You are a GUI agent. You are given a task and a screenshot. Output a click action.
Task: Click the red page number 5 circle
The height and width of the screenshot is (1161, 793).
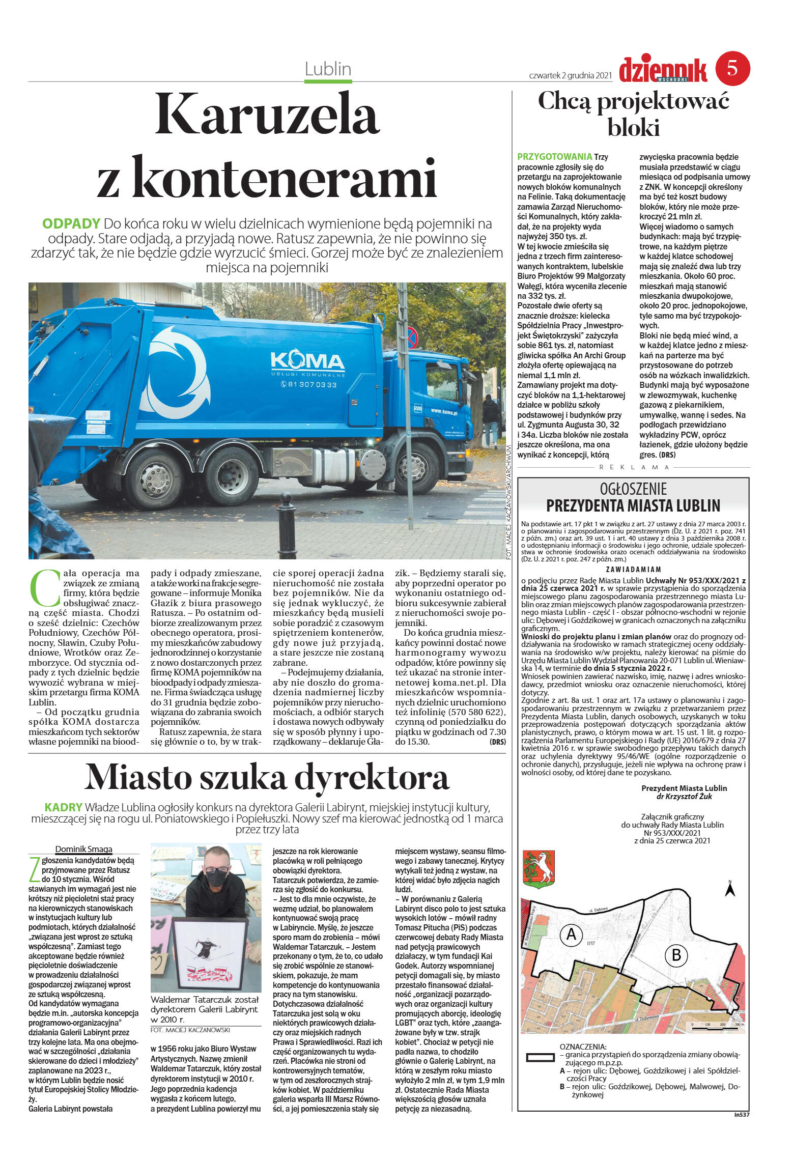point(732,68)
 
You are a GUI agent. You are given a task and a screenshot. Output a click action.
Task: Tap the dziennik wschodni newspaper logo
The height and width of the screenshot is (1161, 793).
point(663,71)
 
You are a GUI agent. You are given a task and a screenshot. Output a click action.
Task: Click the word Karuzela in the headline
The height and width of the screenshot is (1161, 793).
point(267,115)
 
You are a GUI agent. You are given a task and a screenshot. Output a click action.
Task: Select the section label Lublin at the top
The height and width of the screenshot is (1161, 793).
point(328,69)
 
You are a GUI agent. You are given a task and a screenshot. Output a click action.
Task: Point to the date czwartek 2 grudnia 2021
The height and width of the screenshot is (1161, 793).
point(570,75)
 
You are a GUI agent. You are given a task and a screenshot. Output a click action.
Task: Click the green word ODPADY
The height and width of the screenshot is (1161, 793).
point(71,223)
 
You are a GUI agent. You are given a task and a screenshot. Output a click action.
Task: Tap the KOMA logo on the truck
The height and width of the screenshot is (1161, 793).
point(307,361)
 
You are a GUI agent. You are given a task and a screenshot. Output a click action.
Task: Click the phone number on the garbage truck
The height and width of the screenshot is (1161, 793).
point(308,384)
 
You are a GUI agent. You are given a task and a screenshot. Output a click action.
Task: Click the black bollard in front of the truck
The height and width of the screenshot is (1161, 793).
point(287,526)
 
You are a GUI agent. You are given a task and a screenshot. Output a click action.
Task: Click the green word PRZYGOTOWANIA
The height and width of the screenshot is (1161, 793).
point(554,157)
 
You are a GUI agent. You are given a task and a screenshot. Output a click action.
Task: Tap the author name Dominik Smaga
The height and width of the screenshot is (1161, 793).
point(83,849)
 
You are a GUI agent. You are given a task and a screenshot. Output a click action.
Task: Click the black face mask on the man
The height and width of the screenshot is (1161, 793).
point(217,877)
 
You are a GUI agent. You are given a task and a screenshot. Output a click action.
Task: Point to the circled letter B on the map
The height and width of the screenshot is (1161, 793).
point(676,955)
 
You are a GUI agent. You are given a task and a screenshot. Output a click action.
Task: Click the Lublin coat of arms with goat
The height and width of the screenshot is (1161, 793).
point(539,870)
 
